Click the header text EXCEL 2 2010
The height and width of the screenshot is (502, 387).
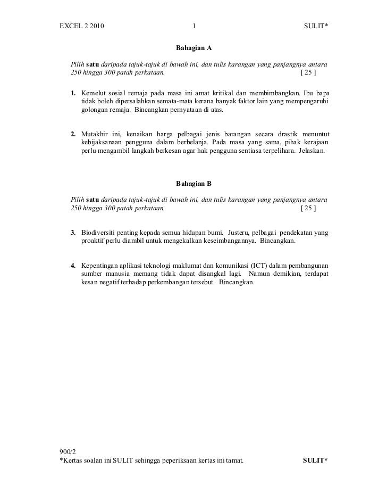(82, 26)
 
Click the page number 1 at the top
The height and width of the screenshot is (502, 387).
(195, 26)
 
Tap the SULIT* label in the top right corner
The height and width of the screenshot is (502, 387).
(316, 26)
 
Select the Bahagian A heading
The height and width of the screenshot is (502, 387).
(193, 48)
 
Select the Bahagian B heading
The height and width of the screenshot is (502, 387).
(193, 184)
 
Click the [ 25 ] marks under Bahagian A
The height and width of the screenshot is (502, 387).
(308, 73)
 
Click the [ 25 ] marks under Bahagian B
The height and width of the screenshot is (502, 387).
(308, 209)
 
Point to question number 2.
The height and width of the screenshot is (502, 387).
(74, 134)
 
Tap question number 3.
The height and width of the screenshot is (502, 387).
(74, 233)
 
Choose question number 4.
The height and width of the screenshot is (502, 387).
(74, 265)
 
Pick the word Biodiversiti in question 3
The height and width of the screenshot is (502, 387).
(100, 233)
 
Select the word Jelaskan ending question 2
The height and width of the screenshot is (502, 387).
(314, 151)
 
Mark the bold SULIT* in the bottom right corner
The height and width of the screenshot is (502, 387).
(315, 460)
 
